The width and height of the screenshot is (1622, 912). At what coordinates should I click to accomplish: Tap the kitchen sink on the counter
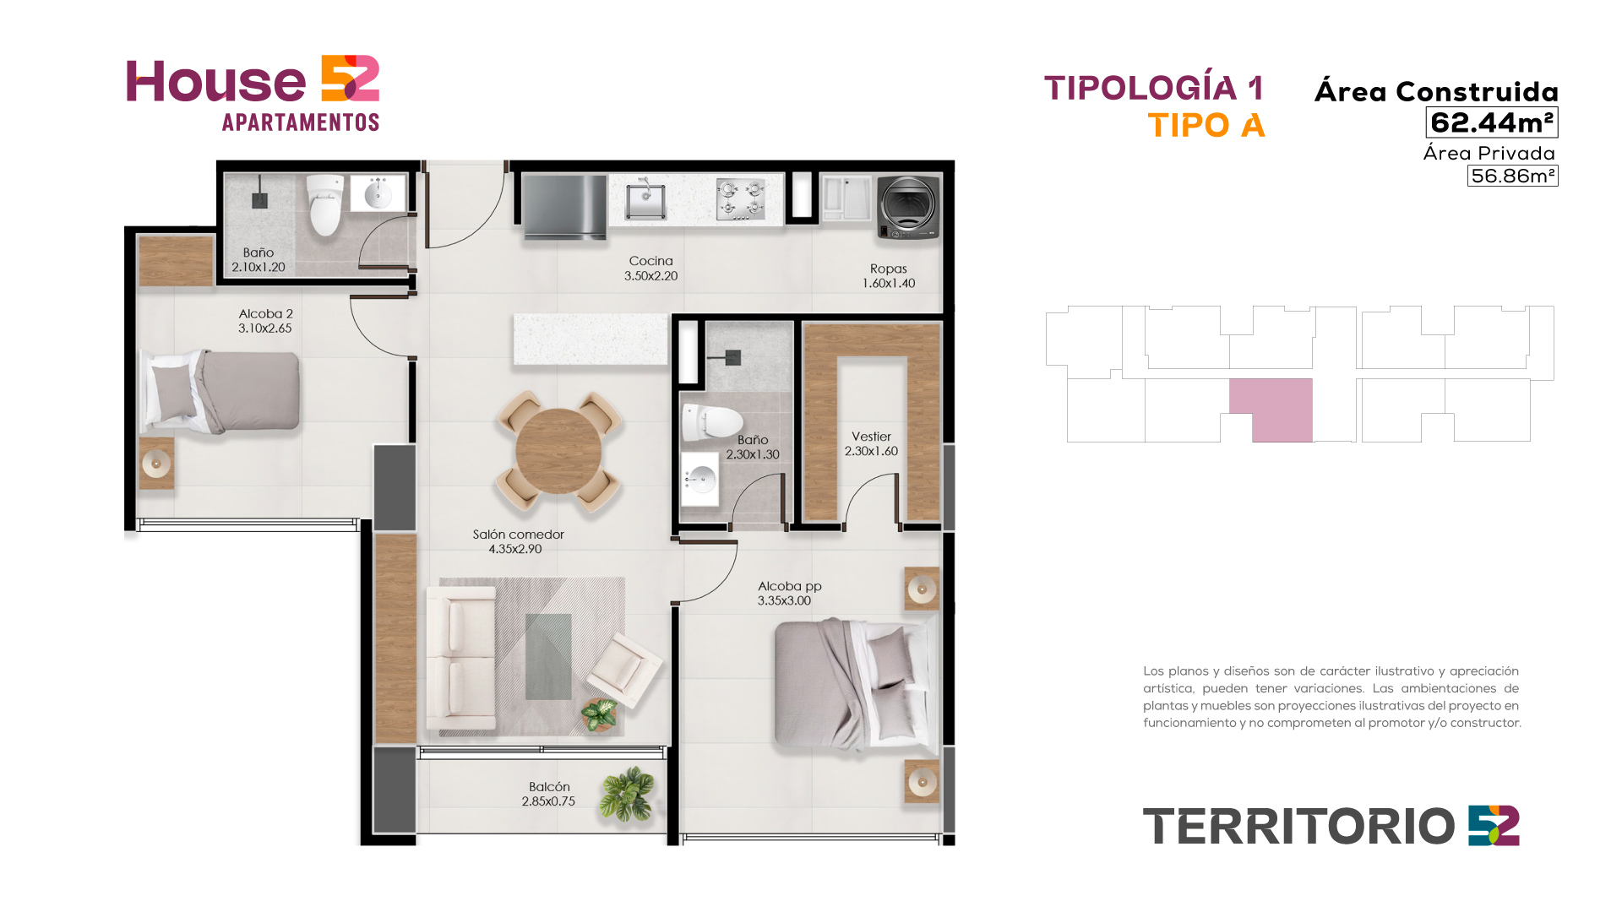[x=645, y=200]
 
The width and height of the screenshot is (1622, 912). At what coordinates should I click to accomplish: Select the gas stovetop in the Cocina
[x=740, y=199]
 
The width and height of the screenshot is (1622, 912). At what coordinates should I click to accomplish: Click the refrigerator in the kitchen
[x=564, y=206]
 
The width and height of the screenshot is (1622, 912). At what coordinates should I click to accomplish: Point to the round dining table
[x=558, y=451]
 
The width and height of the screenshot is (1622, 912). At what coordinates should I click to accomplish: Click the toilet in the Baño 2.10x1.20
[x=325, y=205]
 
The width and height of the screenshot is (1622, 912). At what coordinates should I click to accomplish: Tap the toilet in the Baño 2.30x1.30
[x=711, y=422]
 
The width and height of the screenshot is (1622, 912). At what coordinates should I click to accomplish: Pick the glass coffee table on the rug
[x=548, y=656]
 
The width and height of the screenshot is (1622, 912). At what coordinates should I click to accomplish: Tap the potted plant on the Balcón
[x=627, y=794]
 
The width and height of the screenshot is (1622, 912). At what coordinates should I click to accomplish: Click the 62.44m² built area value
[x=1492, y=122]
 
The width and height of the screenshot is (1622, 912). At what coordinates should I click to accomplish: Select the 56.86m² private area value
[x=1512, y=176]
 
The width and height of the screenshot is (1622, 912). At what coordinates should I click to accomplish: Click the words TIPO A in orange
[x=1206, y=126]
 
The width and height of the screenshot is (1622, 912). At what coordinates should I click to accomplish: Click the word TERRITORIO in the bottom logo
[x=1298, y=827]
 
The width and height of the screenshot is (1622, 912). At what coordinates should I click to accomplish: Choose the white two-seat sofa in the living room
[x=461, y=658]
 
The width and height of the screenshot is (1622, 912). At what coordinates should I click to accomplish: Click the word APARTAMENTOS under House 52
[x=301, y=122]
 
